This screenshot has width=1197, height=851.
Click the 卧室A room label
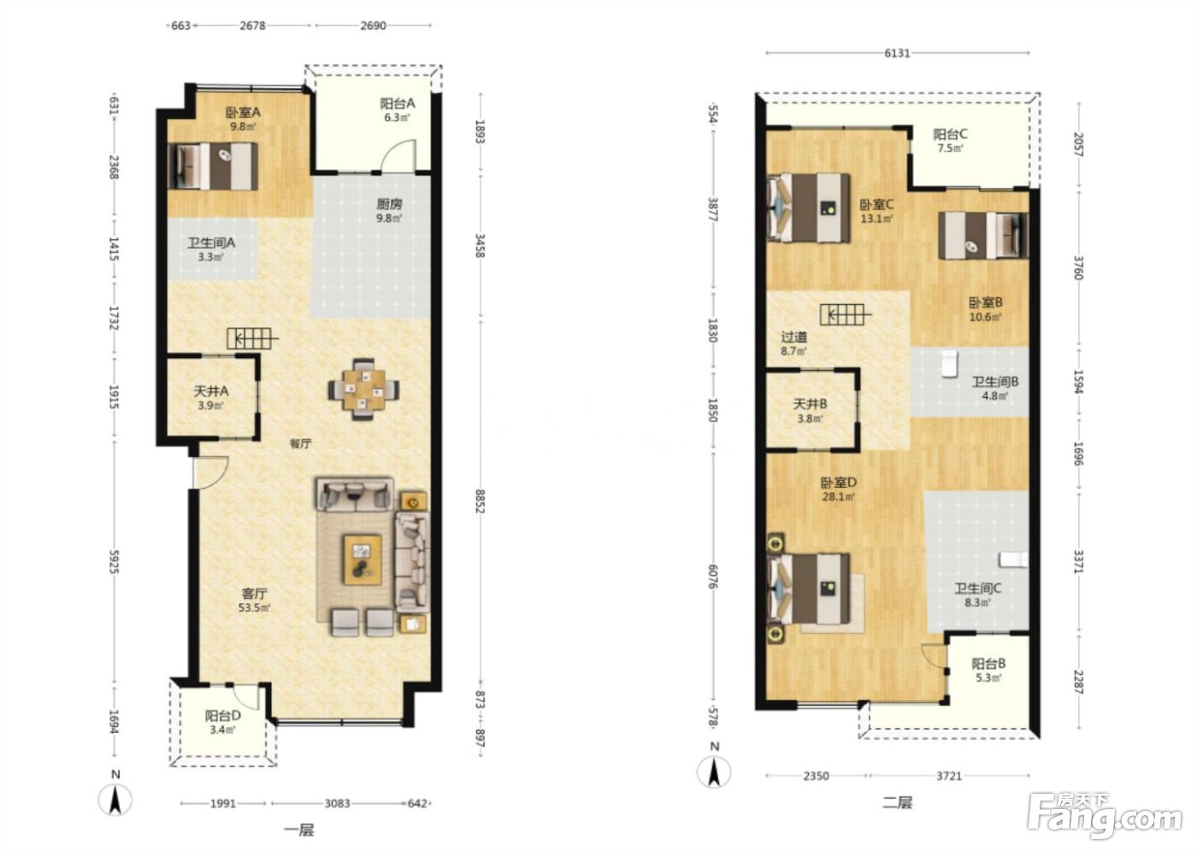243,113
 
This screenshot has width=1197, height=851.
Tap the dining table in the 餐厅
363,390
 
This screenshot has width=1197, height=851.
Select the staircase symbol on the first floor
252,338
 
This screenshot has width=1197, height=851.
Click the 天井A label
211,391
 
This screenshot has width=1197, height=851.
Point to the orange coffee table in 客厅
363,560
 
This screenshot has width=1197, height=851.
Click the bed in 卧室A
213,166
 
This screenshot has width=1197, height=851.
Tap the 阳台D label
223,715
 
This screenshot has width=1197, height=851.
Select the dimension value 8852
480,502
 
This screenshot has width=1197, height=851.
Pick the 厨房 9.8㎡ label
389,210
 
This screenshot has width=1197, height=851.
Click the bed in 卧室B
983,236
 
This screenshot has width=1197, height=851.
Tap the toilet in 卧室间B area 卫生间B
949,364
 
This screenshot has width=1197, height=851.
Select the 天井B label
811,404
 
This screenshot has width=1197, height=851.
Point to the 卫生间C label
978,589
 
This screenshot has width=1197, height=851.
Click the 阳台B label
988,664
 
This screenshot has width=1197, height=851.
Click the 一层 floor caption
299,830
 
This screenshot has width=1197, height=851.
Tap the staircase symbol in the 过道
846,314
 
